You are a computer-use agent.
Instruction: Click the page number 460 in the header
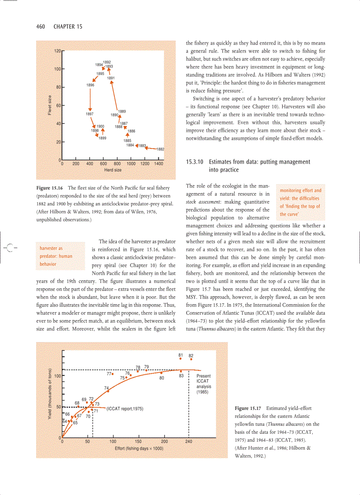click(41, 27)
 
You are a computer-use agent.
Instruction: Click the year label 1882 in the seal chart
click(161, 149)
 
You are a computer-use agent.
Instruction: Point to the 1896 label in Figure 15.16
click(90, 85)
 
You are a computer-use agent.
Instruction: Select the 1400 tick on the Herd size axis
click(158, 164)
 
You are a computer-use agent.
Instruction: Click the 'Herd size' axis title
click(113, 170)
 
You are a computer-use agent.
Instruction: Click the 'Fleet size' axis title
click(50, 106)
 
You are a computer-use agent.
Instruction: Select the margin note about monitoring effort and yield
click(300, 202)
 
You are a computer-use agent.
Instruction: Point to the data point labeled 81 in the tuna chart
click(181, 359)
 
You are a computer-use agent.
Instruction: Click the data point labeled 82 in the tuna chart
click(191, 359)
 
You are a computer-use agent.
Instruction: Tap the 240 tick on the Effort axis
click(189, 441)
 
